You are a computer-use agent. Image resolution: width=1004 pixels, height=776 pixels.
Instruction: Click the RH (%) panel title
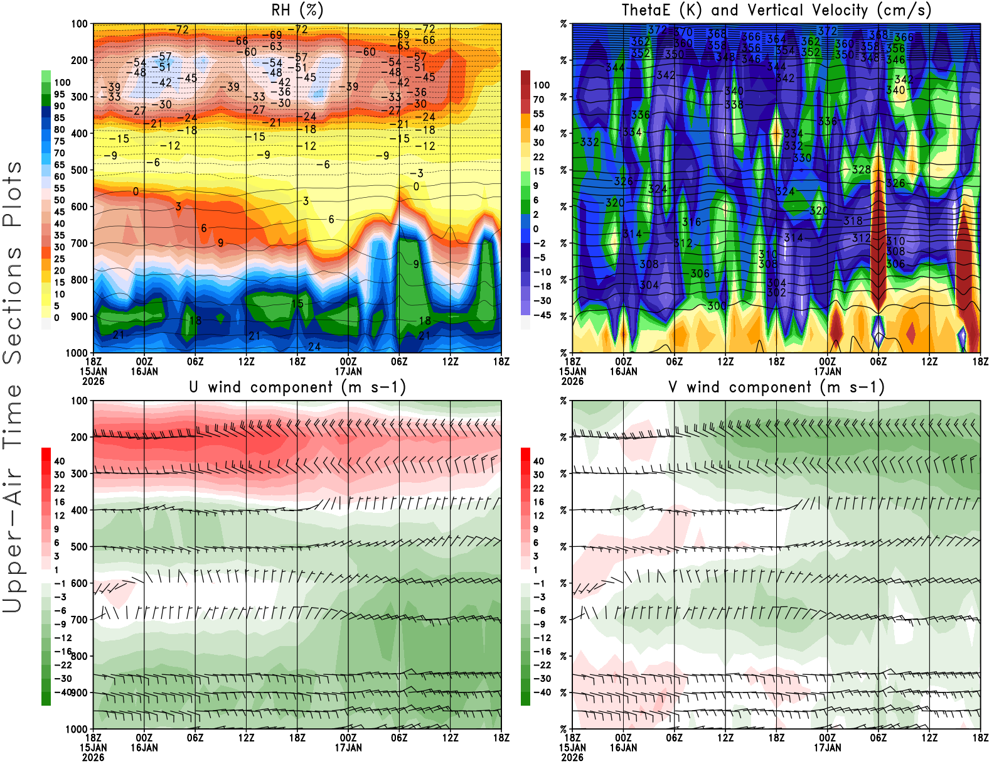tap(297, 10)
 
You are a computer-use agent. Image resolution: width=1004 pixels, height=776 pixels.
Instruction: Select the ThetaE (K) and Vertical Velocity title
tap(776, 10)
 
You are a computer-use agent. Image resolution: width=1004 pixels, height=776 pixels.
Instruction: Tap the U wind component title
tap(297, 387)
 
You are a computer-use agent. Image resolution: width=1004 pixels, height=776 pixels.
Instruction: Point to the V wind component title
tap(776, 387)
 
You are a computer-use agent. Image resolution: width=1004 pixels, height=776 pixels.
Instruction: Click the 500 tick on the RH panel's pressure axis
tap(79, 170)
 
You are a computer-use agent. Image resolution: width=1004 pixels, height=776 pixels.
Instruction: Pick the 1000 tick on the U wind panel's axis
tap(77, 729)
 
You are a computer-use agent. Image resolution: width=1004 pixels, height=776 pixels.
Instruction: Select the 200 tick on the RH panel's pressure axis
tap(79, 60)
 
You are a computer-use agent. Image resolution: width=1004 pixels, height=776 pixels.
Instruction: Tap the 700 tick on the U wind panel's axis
tap(79, 620)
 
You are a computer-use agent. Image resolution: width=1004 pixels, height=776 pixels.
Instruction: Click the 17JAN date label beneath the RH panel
tap(348, 371)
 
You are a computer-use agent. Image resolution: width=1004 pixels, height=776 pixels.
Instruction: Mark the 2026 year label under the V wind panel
tap(572, 758)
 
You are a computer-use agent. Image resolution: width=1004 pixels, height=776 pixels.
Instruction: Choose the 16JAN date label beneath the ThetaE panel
tap(623, 371)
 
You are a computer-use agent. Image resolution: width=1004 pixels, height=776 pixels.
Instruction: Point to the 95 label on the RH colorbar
tap(59, 94)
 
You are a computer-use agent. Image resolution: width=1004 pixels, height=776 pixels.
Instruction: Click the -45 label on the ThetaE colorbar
tap(542, 315)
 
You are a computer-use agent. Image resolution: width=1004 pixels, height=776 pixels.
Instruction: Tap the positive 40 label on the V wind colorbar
tap(538, 461)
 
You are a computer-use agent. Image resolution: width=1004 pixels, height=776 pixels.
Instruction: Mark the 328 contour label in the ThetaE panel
tap(861, 170)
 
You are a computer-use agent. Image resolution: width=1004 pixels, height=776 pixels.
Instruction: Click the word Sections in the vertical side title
tap(13, 304)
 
